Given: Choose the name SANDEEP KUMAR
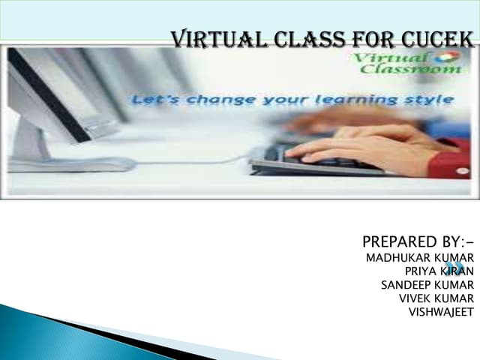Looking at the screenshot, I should click(x=427, y=285).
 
